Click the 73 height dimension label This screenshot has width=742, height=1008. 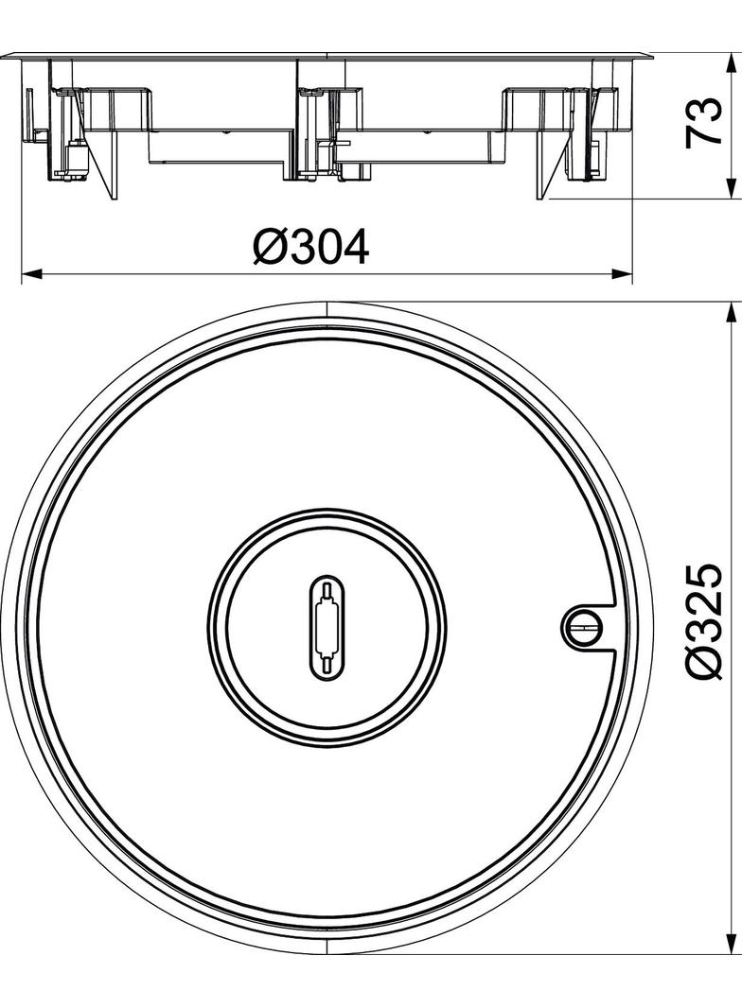[703, 123]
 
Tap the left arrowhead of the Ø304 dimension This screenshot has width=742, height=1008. [32, 274]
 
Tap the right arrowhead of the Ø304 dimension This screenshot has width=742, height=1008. [623, 274]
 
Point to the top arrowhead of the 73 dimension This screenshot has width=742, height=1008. [731, 65]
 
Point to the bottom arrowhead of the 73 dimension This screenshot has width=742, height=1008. [731, 188]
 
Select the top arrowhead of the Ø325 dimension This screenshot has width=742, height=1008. [731, 313]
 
